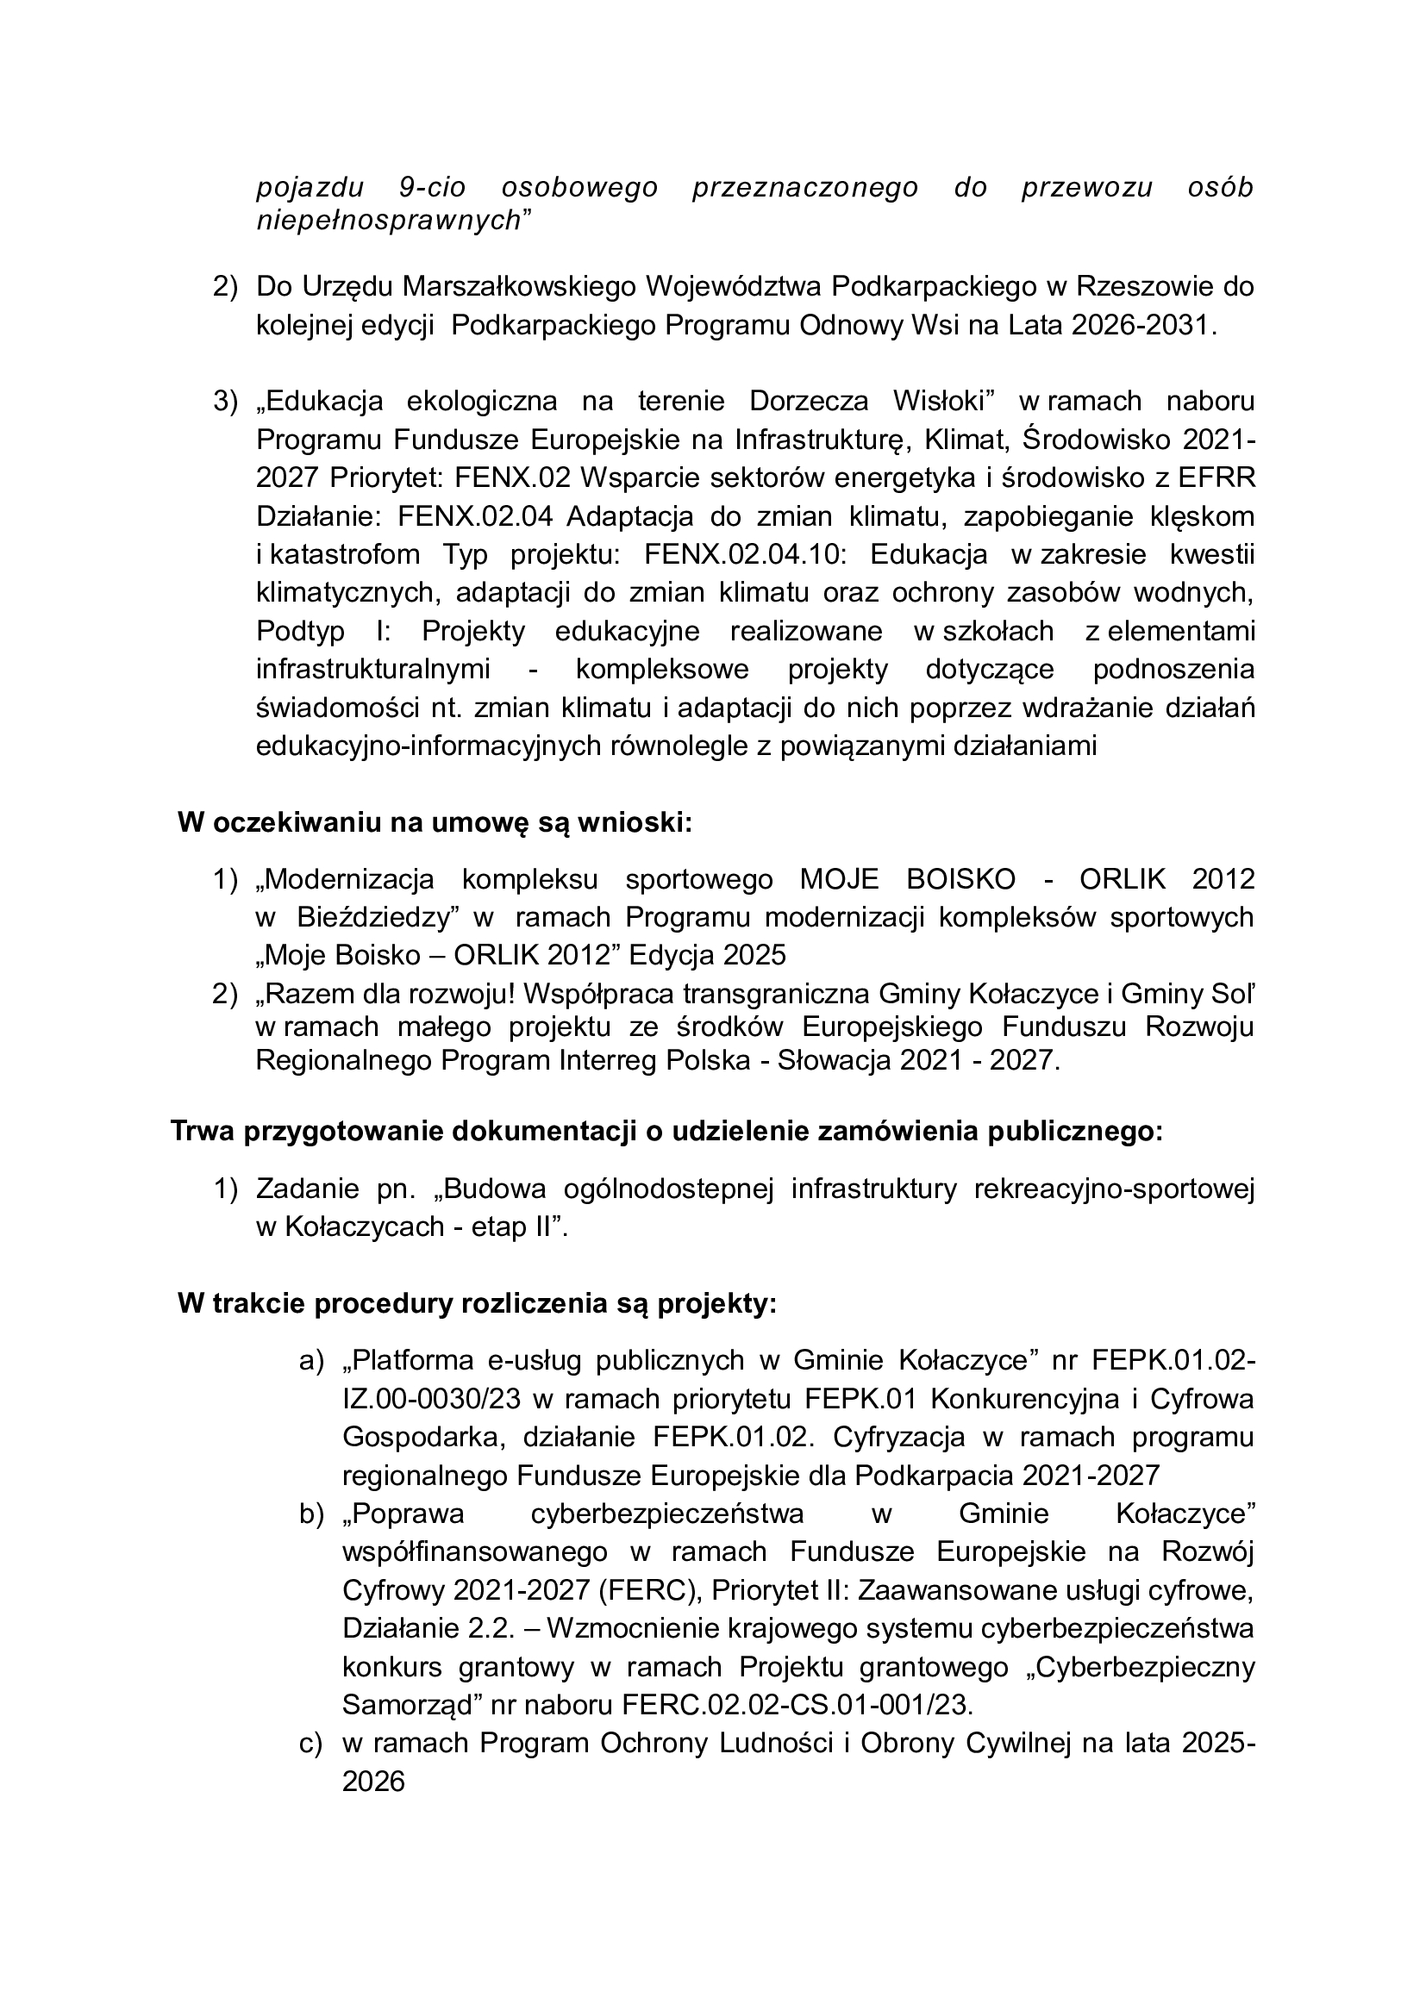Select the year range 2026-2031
tap(1141, 326)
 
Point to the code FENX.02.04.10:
tap(744, 555)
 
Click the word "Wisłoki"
tap(942, 402)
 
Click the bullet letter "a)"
tap(312, 1361)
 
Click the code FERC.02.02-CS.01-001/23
tap(797, 1705)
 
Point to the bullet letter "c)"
tap(312, 1744)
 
